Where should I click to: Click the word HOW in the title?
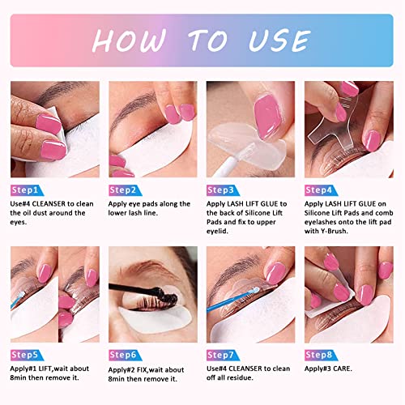coord(133,40)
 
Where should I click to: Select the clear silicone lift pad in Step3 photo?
coord(243,138)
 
